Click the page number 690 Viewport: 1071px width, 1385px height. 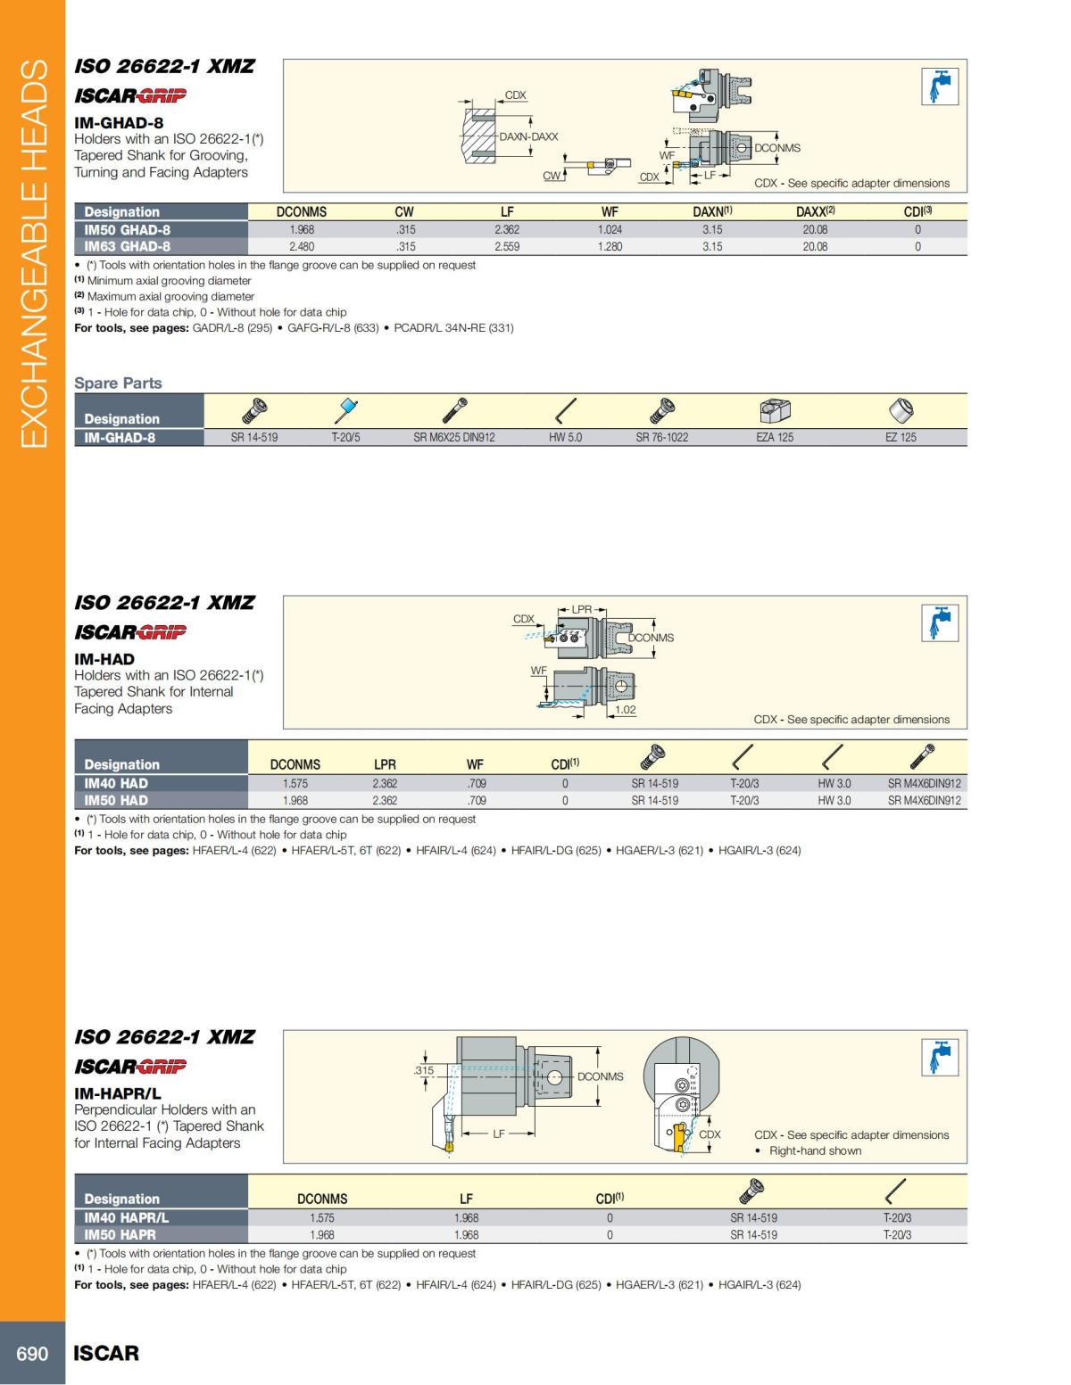pyautogui.click(x=32, y=1353)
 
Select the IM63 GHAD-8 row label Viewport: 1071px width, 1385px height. pyautogui.click(x=127, y=247)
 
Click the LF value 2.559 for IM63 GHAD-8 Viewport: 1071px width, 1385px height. pyautogui.click(x=507, y=247)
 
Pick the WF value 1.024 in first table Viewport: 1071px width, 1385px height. pyautogui.click(x=610, y=230)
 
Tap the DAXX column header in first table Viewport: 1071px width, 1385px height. pyautogui.click(x=816, y=212)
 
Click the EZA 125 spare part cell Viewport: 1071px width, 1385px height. pyautogui.click(x=774, y=438)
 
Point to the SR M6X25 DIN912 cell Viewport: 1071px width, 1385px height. pyautogui.click(x=453, y=438)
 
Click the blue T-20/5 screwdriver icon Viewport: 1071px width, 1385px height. pyautogui.click(x=346, y=411)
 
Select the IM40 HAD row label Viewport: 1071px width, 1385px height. pyautogui.click(x=116, y=784)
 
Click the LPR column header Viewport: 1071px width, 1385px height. pyautogui.click(x=385, y=765)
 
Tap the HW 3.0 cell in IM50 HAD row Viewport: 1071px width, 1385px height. pyautogui.click(x=834, y=801)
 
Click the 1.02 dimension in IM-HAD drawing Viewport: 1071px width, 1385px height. pyautogui.click(x=626, y=710)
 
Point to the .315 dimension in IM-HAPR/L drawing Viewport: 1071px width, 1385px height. pyautogui.click(x=424, y=1070)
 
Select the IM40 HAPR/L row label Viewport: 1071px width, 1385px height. pyautogui.click(x=126, y=1218)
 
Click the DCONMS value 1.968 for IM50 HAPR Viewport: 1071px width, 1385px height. pyautogui.click(x=322, y=1235)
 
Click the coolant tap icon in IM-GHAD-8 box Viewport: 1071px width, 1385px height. pyautogui.click(x=939, y=87)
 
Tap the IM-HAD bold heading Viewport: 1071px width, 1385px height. pyautogui.click(x=104, y=660)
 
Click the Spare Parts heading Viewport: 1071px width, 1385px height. pyautogui.click(x=118, y=383)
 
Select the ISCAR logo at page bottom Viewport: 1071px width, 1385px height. pyautogui.click(x=106, y=1353)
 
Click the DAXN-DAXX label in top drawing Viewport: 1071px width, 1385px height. pyautogui.click(x=528, y=137)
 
